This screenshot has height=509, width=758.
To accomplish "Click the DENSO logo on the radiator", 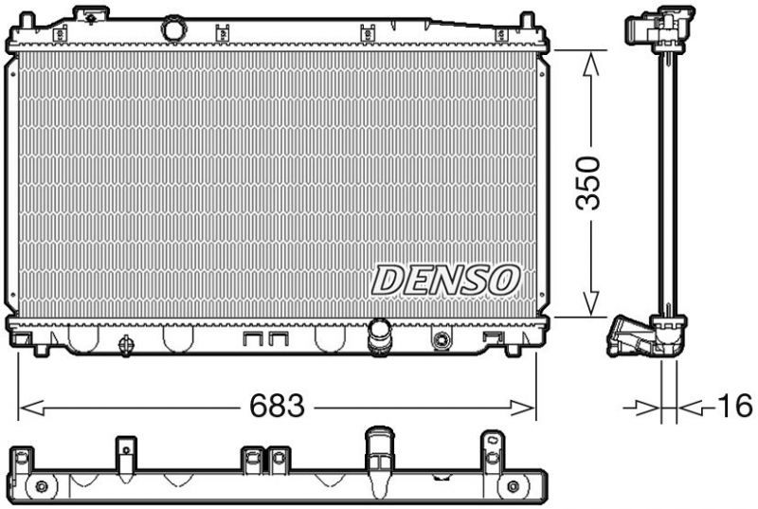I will [445, 279].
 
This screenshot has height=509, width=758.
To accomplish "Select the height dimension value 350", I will [590, 181].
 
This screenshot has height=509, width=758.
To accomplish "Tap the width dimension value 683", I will [277, 408].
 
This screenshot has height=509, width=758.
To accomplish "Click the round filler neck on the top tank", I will [172, 28].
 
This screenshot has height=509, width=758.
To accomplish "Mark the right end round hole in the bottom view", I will [513, 487].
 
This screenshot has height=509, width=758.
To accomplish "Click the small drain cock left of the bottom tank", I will [124, 345].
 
